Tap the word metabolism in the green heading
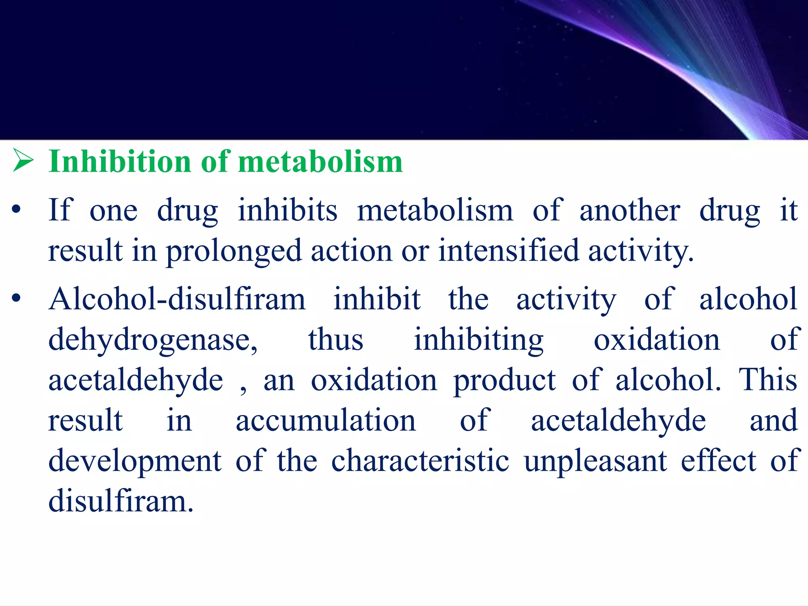[x=320, y=162]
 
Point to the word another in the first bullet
[x=630, y=210]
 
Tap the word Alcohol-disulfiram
[x=177, y=299]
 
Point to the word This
[x=768, y=380]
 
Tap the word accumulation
[x=326, y=421]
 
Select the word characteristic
[x=420, y=461]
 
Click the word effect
[x=718, y=461]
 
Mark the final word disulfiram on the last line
[x=121, y=501]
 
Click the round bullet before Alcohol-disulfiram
[x=16, y=299]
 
